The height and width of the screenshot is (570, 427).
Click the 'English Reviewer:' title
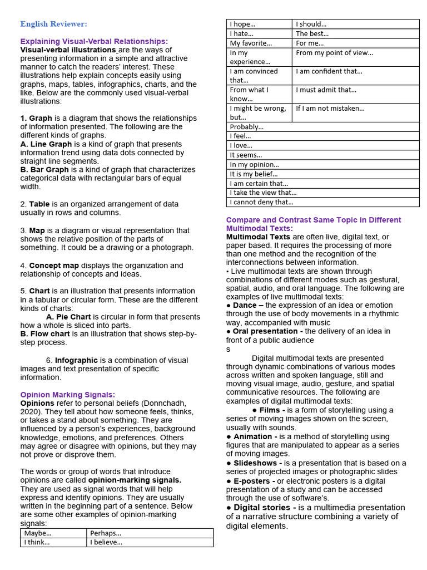53,24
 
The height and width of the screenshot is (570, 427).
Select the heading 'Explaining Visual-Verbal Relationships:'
94,42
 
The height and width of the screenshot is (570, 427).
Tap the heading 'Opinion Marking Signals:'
67,395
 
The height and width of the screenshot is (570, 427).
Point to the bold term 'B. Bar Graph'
44,170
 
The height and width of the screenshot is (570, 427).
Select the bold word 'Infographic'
76,360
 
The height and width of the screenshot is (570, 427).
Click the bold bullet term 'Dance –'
245,306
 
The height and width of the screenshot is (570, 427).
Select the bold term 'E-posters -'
254,481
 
